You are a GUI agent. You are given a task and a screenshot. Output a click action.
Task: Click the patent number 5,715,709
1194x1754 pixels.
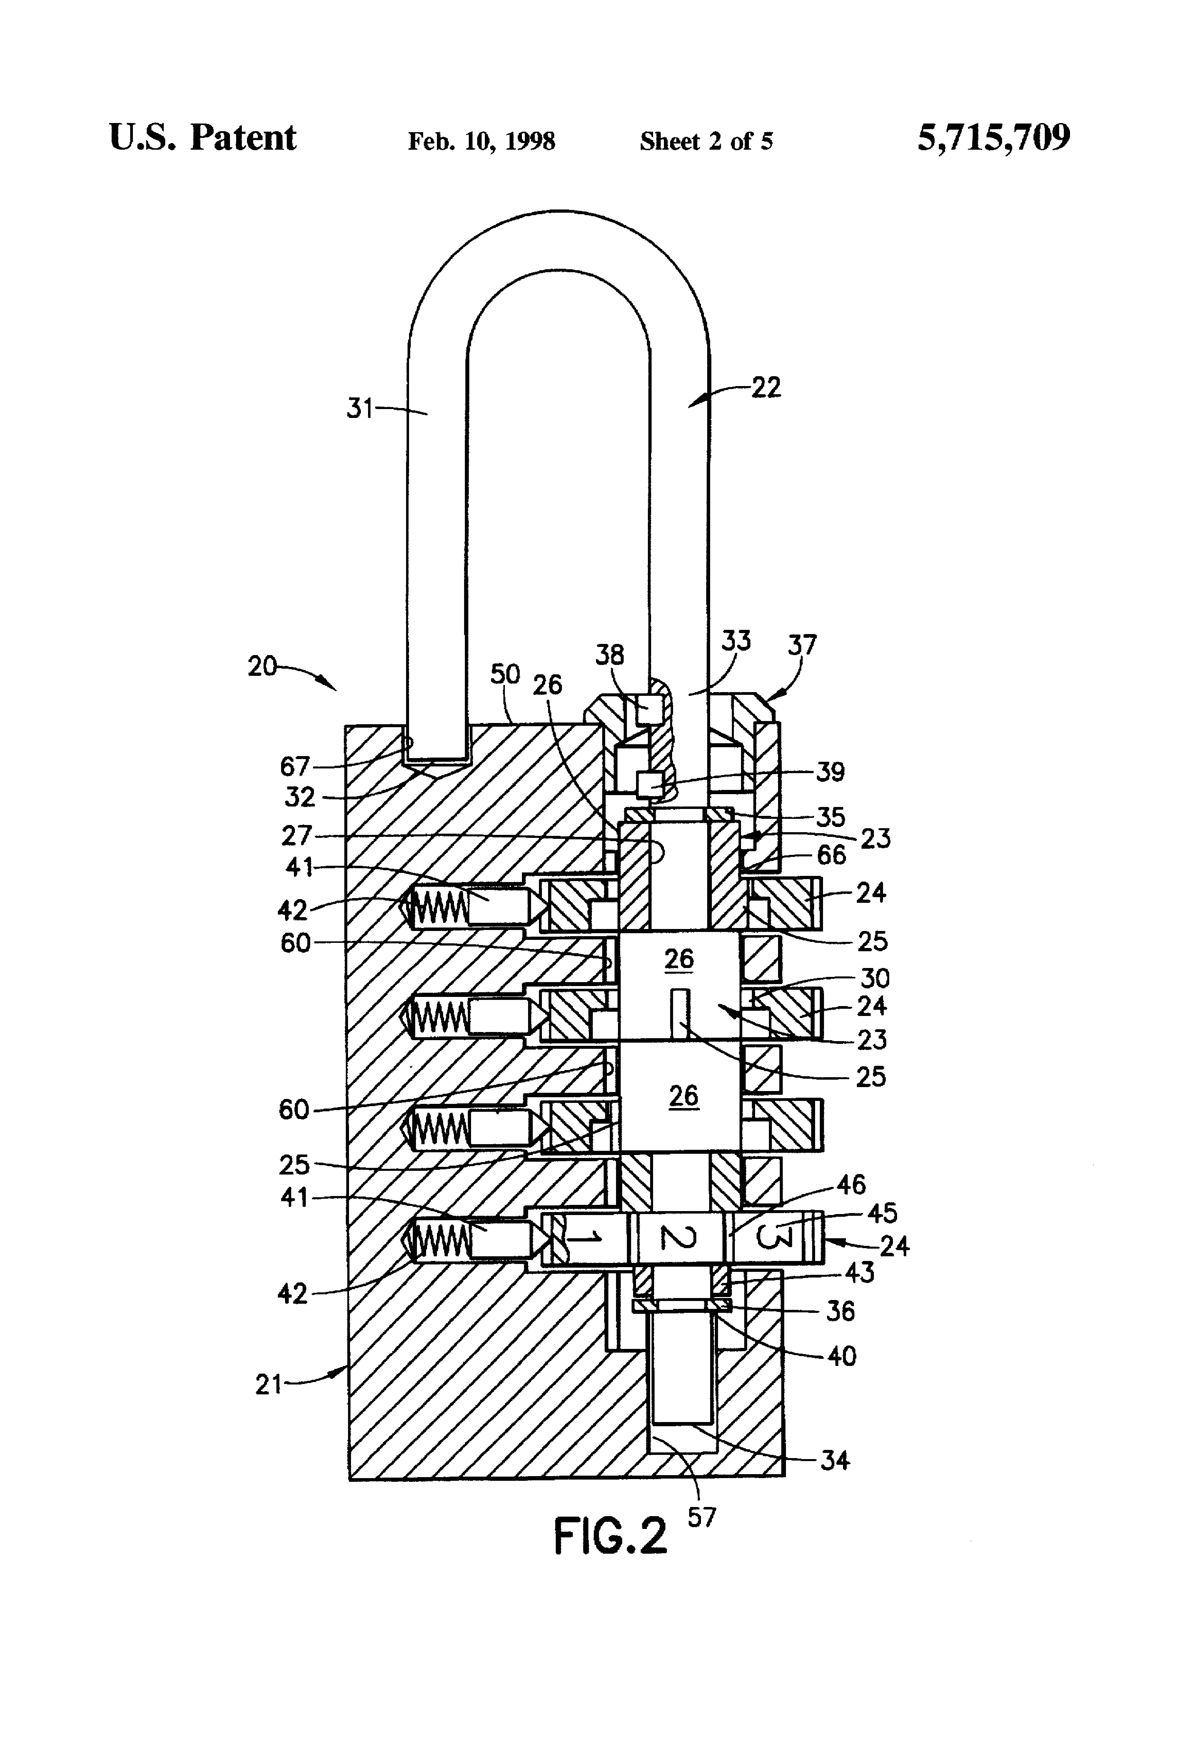tap(993, 138)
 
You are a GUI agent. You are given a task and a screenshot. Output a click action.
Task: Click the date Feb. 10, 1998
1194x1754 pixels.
tap(481, 141)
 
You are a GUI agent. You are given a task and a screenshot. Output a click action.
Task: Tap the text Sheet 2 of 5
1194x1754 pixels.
tap(706, 141)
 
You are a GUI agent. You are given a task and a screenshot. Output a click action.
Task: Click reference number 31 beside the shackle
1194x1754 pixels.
tap(360, 408)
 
